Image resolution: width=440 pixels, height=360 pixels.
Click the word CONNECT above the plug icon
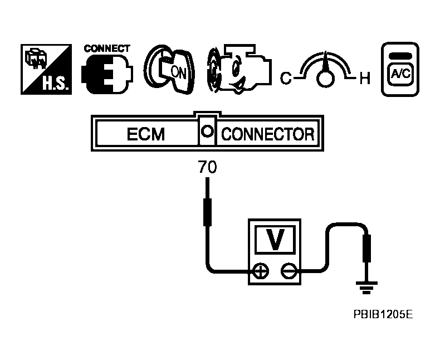(107, 49)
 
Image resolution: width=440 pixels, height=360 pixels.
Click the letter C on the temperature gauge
(286, 79)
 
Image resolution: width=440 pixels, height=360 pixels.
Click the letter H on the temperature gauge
(365, 79)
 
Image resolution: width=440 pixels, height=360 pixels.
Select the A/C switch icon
(399, 70)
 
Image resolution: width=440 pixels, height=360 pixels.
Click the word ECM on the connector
(146, 135)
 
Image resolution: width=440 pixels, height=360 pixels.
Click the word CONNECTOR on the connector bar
(268, 135)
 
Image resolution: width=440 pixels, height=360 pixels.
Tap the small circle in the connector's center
(207, 132)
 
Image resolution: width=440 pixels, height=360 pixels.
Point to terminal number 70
(207, 167)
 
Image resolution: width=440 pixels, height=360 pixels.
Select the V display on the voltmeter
(274, 239)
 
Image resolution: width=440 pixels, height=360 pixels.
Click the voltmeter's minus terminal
(288, 271)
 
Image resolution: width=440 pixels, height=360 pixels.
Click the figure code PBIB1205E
(383, 314)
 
